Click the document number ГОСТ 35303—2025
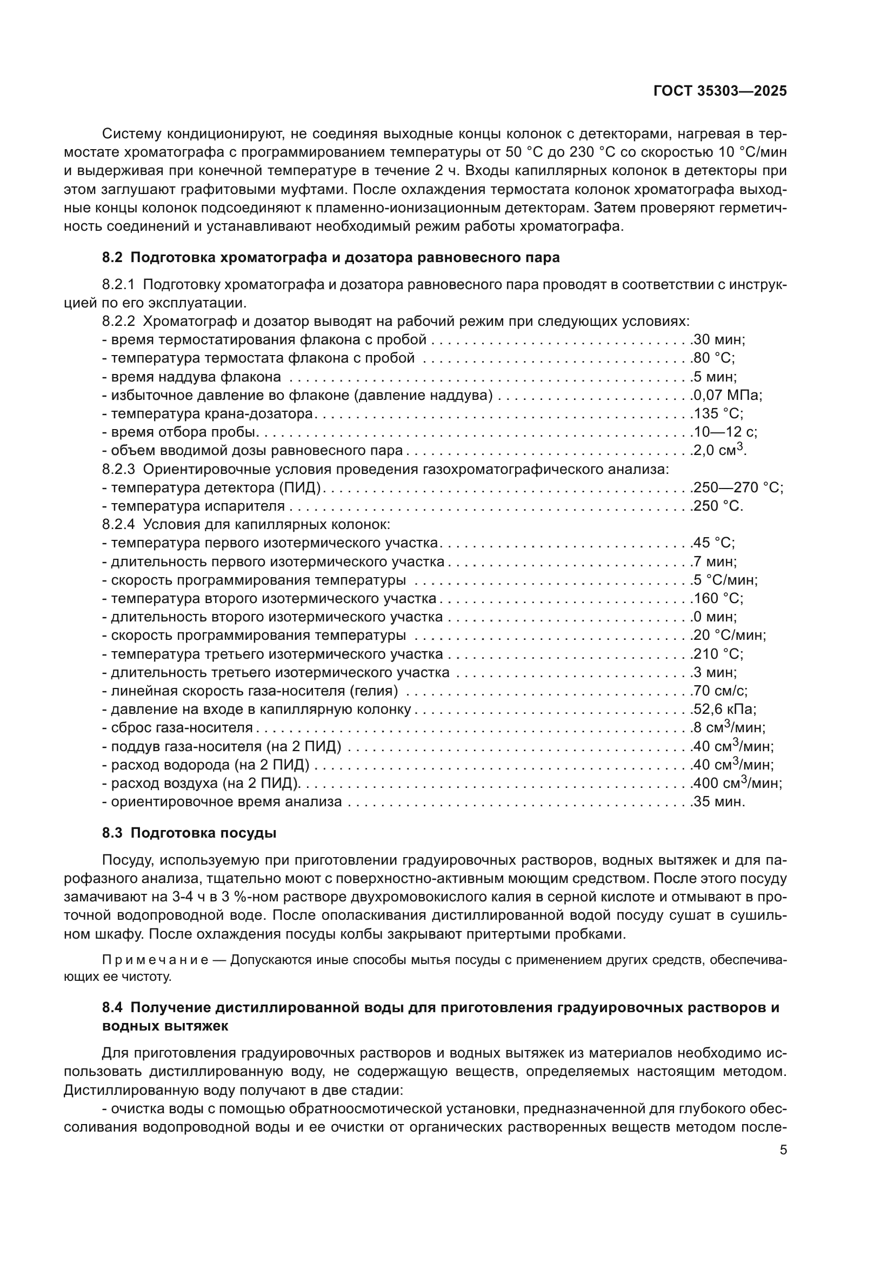click(x=719, y=91)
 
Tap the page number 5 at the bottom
click(x=783, y=1150)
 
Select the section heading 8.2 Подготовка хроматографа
click(x=330, y=257)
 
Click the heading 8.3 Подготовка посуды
click(x=189, y=833)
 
